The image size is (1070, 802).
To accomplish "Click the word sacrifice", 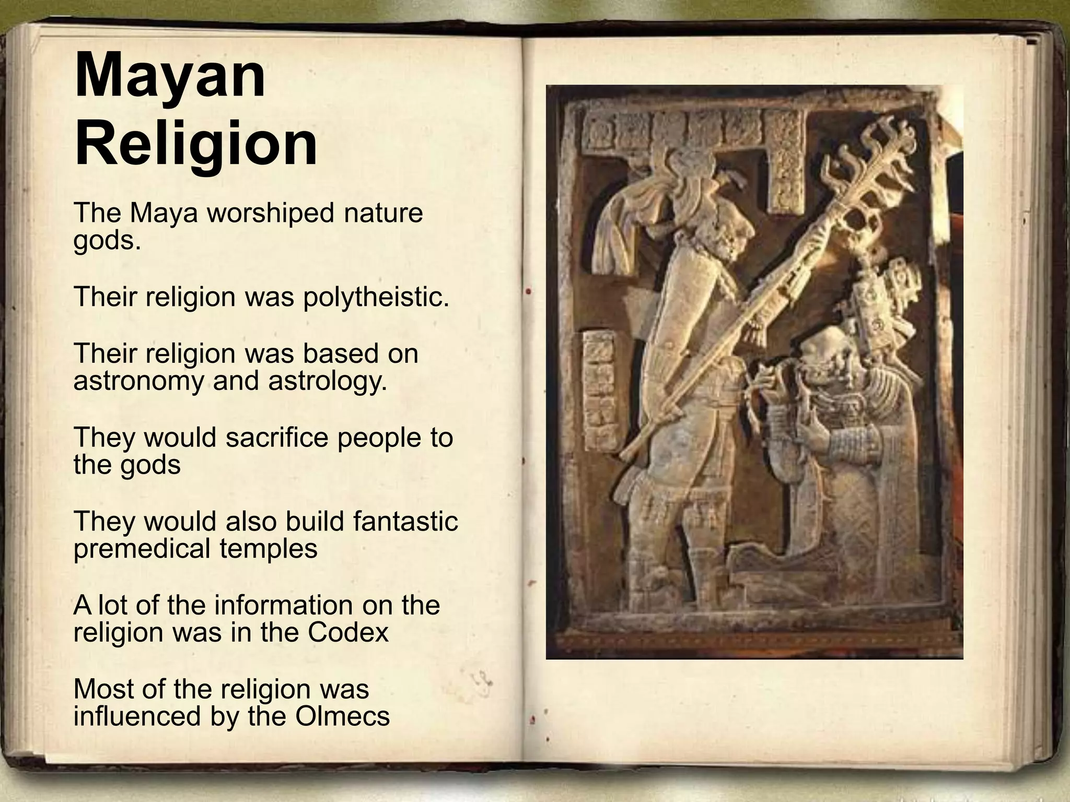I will point(277,438).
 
